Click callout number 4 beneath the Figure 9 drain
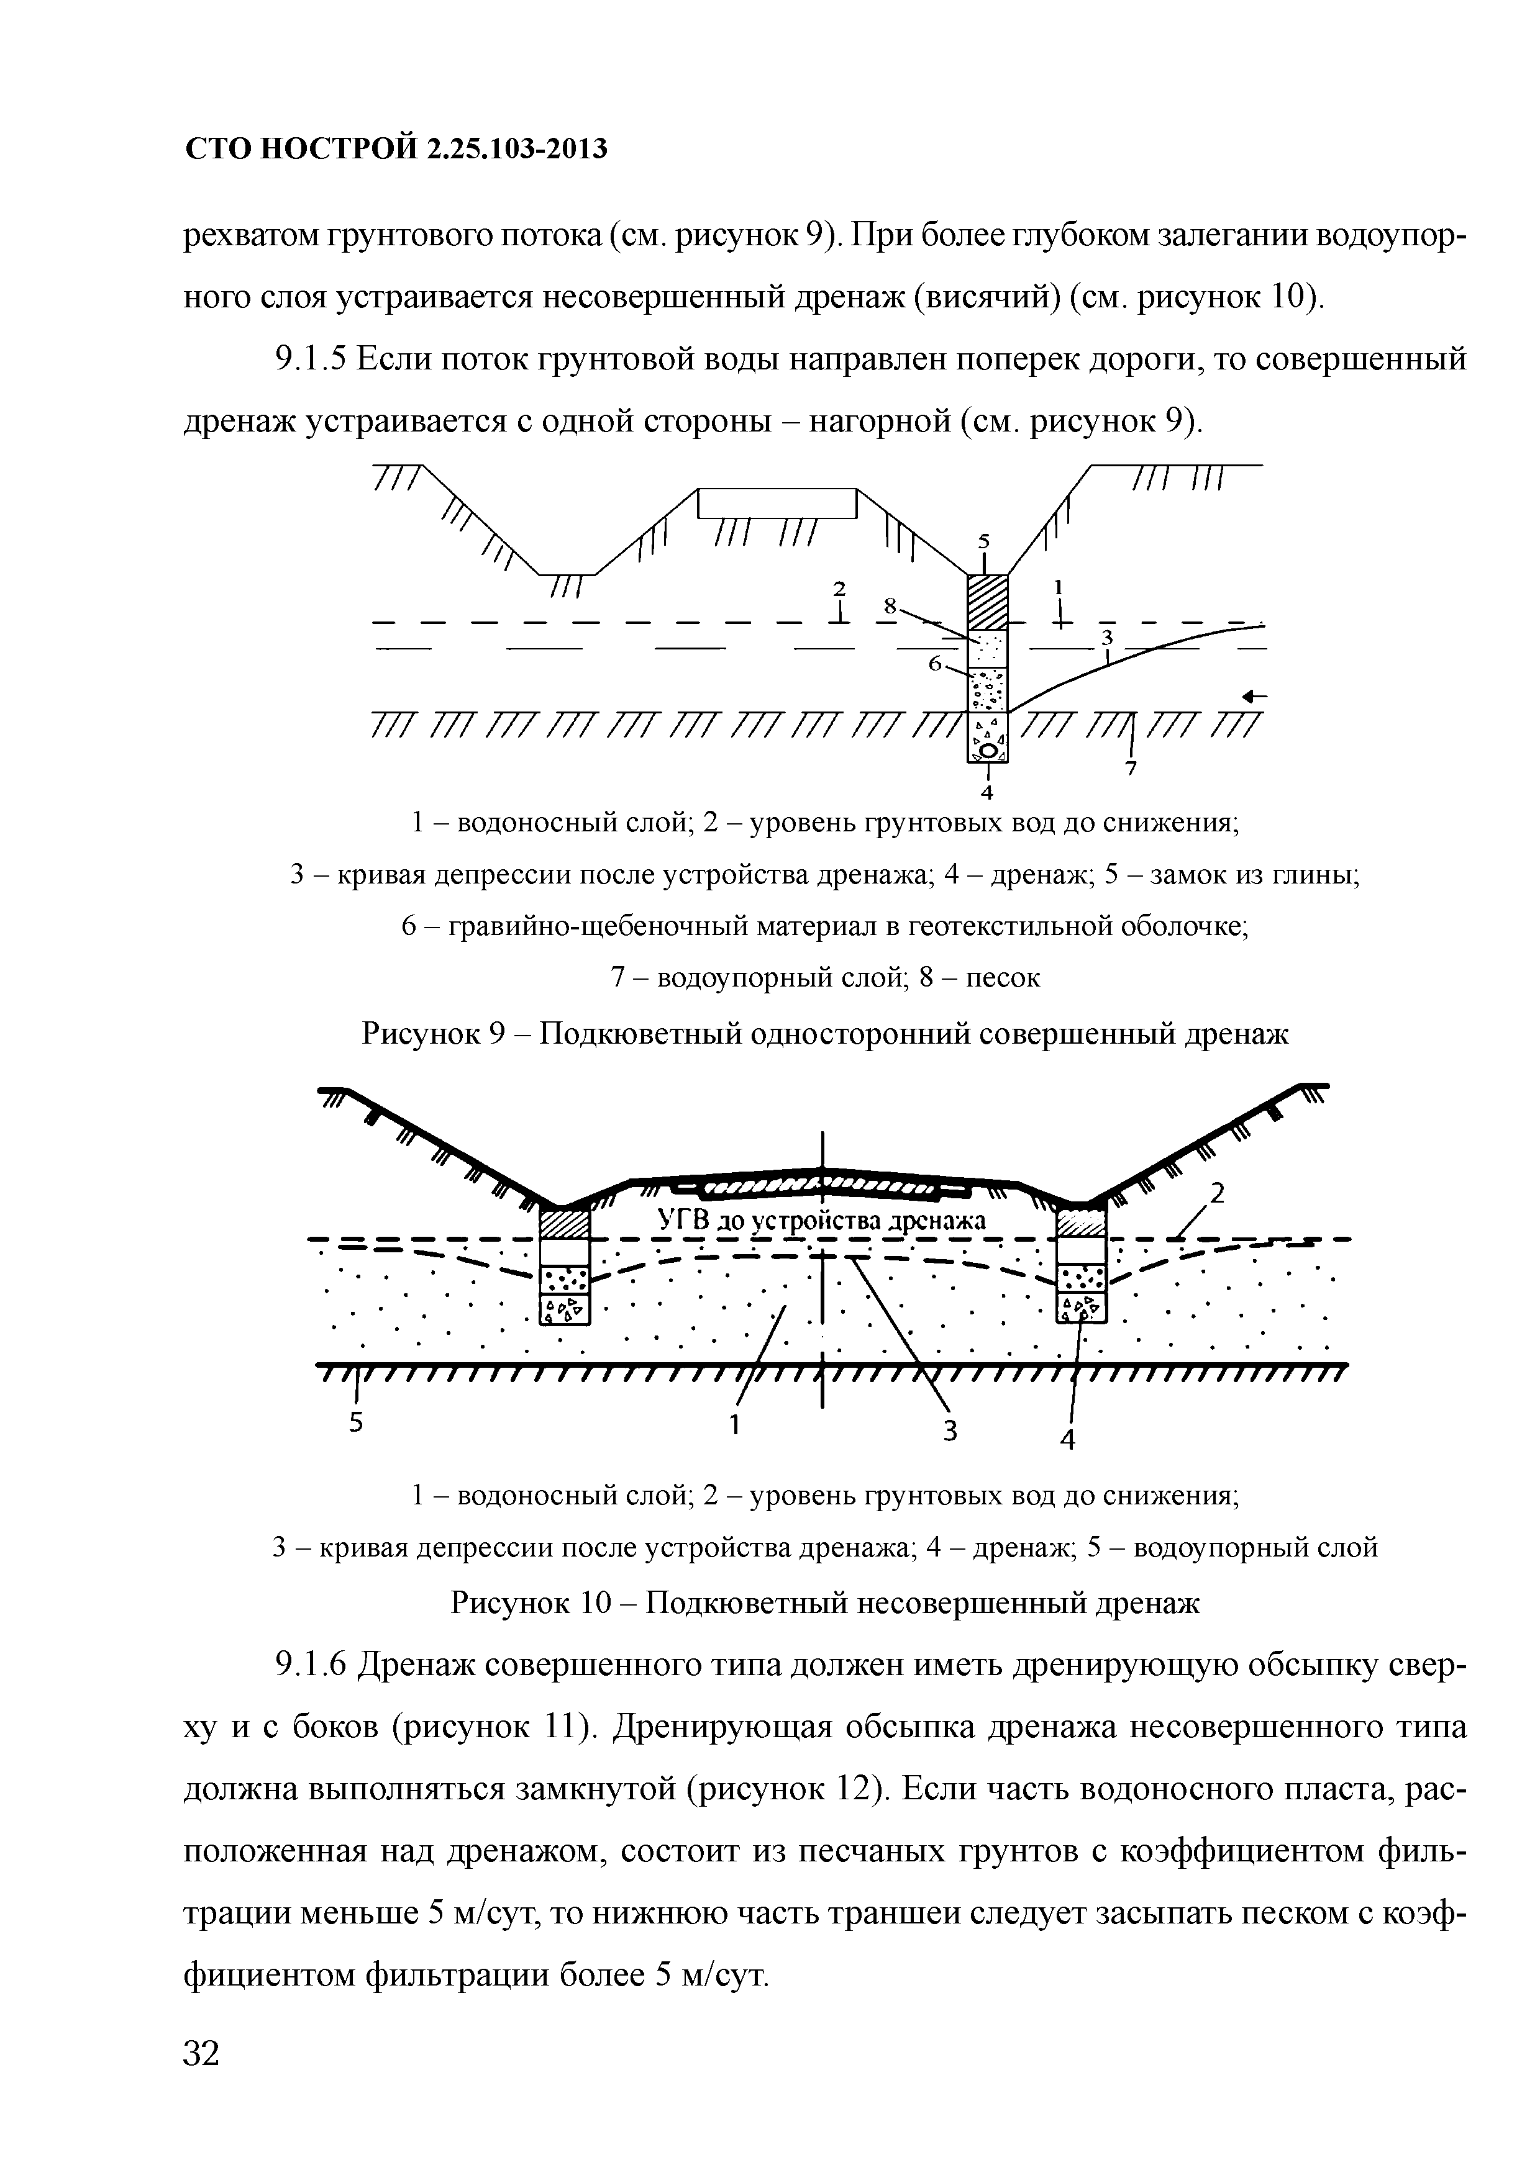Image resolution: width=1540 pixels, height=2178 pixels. pyautogui.click(x=987, y=790)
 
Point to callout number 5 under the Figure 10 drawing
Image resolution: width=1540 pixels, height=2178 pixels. pyautogui.click(x=356, y=1423)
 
